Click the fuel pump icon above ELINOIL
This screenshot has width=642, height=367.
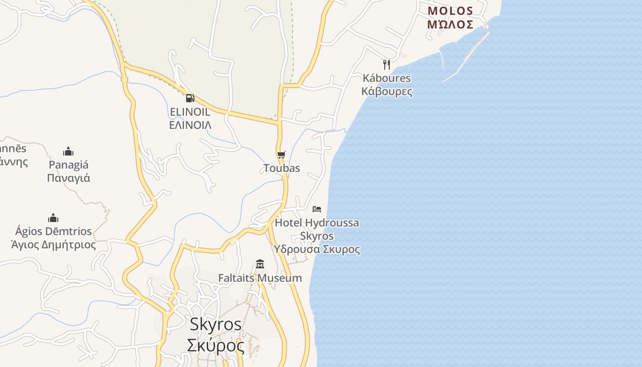[x=190, y=98]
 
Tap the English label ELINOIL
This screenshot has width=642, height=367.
[x=190, y=112]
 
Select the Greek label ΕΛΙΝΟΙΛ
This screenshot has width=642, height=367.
[x=190, y=125]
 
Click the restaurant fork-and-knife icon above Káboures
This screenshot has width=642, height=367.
[x=387, y=64]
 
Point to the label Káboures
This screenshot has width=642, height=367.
[x=387, y=78]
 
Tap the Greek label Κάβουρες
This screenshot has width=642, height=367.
[x=387, y=91]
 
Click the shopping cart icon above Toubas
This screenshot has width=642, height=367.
[x=281, y=155]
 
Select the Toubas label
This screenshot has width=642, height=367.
[x=282, y=168]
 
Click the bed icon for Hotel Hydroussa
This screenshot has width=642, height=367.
[x=317, y=209]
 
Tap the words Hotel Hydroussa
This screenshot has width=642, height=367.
[x=317, y=223]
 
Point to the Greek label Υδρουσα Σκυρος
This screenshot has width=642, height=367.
[x=317, y=250]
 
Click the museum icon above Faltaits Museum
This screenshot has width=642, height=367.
[x=260, y=264]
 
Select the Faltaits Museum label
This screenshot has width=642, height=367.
[x=260, y=278]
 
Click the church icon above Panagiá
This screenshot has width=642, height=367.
[x=68, y=151]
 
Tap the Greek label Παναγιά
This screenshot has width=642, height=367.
[x=68, y=178]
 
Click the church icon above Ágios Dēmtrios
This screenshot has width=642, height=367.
[x=53, y=218]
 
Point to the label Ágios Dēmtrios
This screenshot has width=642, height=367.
[x=53, y=231]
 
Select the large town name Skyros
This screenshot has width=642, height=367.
[x=216, y=324]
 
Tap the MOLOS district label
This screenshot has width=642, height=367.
[x=450, y=11]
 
